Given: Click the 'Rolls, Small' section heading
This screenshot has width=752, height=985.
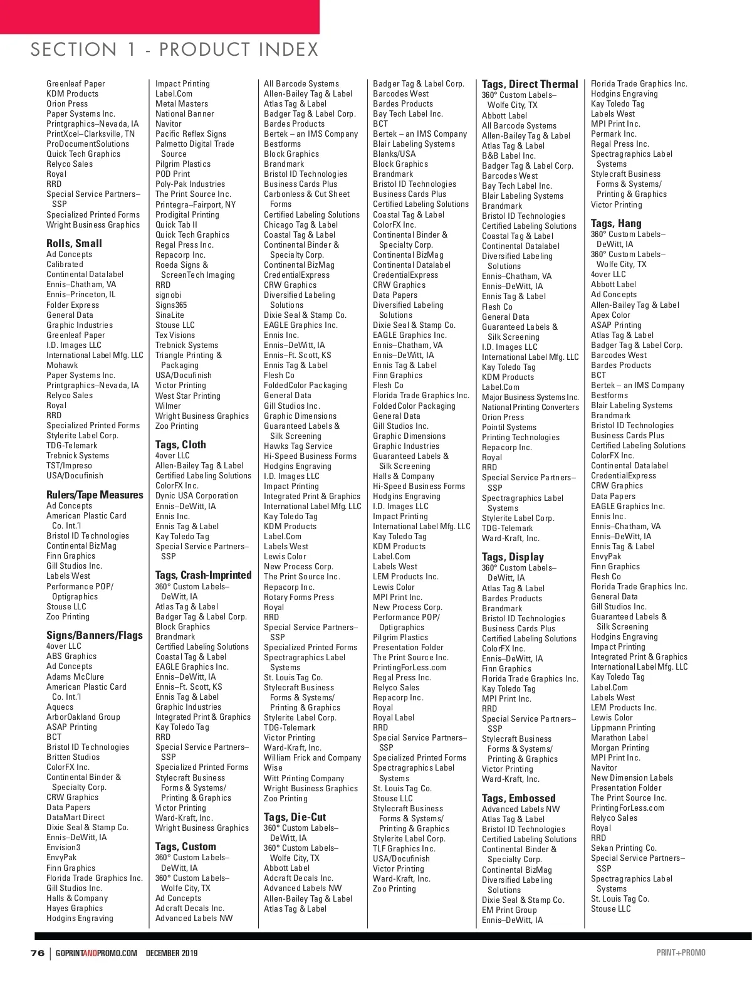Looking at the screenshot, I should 74,243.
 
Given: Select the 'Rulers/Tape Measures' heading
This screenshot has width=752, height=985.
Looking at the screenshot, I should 95,495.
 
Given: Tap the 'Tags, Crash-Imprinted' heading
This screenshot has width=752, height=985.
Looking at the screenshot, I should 203,575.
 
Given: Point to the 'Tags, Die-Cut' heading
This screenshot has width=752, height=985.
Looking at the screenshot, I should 295,817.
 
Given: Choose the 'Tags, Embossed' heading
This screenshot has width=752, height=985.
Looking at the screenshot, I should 518,798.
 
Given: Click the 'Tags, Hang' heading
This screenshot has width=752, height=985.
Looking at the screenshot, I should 616,223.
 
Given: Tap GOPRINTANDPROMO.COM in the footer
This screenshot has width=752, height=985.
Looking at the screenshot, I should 96,954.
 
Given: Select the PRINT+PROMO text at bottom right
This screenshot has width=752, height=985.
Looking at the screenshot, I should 681,953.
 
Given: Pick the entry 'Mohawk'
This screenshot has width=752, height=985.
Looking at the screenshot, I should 62,365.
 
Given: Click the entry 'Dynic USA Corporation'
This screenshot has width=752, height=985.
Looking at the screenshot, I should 197,496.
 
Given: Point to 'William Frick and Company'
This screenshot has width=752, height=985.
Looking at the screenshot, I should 312,758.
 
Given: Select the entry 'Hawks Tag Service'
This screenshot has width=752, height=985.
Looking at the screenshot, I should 298,446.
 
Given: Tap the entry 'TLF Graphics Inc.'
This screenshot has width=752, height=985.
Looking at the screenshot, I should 404,848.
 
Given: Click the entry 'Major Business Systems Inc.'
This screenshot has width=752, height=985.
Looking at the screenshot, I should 530,397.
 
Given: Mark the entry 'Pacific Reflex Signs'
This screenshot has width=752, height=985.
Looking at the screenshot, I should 191,134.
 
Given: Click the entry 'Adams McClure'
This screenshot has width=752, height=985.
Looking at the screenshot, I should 75,677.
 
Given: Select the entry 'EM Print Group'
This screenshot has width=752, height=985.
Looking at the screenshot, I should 509,910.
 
